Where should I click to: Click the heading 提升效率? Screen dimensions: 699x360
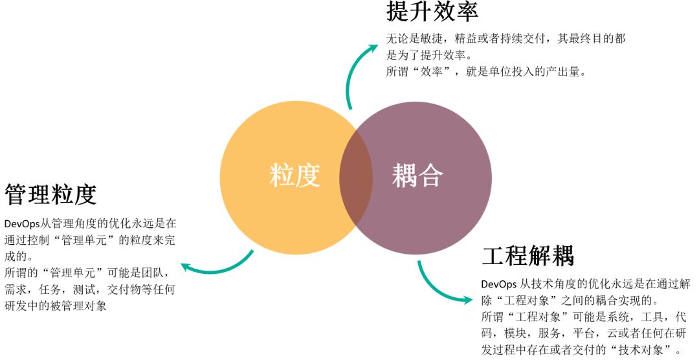tap(432, 11)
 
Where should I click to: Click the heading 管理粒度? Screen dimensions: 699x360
tap(50, 194)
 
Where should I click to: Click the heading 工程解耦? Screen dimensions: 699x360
tap(527, 256)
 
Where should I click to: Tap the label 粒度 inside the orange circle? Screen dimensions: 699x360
tap(294, 175)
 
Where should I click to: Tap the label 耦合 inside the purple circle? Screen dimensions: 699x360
tap(417, 175)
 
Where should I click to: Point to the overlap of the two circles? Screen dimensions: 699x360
tap(356, 175)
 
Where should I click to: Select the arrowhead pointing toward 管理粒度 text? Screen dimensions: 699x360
tap(186, 265)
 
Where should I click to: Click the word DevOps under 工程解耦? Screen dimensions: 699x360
tap(499, 285)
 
